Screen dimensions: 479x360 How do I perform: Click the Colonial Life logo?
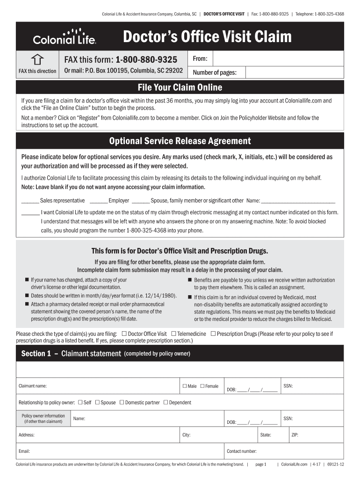click(x=65, y=36)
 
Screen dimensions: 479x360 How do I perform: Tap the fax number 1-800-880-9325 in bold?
click(x=146, y=60)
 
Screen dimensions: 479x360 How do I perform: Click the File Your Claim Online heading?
click(x=180, y=87)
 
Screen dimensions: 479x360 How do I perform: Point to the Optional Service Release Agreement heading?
click(x=180, y=141)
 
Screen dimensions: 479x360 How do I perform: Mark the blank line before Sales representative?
click(x=30, y=201)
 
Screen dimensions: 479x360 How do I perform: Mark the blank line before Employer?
click(x=98, y=201)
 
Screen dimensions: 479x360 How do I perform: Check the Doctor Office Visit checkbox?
click(x=124, y=334)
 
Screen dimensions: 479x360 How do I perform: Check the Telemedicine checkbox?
click(x=173, y=334)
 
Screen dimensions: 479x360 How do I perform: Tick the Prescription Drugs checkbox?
click(x=213, y=334)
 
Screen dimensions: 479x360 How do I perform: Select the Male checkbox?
click(x=184, y=386)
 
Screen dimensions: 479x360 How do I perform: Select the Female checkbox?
click(x=202, y=386)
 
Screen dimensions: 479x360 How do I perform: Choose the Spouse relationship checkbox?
click(x=97, y=402)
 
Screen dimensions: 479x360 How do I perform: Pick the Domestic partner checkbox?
click(x=122, y=402)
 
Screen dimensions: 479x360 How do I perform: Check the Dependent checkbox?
click(x=166, y=402)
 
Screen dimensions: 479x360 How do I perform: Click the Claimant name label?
click(x=32, y=386)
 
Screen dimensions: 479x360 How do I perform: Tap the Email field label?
click(x=24, y=451)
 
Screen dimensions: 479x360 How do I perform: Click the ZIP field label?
click(x=295, y=435)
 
